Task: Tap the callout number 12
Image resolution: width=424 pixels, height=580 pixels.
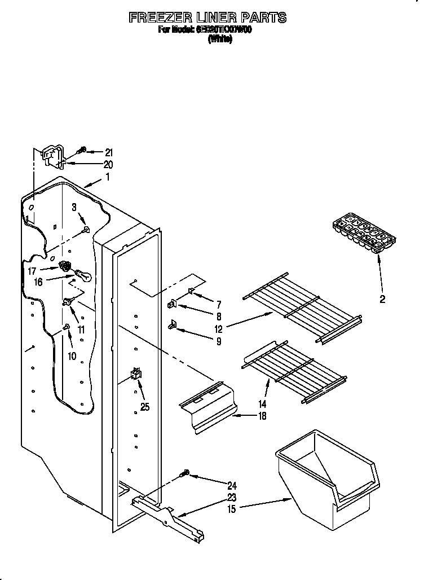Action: pyautogui.click(x=218, y=329)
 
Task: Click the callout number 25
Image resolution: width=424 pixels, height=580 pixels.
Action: pyautogui.click(x=144, y=407)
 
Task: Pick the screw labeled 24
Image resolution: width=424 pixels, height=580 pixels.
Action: pyautogui.click(x=186, y=475)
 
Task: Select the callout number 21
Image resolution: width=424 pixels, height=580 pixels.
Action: pyautogui.click(x=108, y=152)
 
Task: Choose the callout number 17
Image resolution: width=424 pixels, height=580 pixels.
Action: pyautogui.click(x=32, y=271)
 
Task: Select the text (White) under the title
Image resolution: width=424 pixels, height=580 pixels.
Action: pyautogui.click(x=219, y=39)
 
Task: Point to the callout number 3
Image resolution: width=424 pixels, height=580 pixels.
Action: pyautogui.click(x=74, y=208)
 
